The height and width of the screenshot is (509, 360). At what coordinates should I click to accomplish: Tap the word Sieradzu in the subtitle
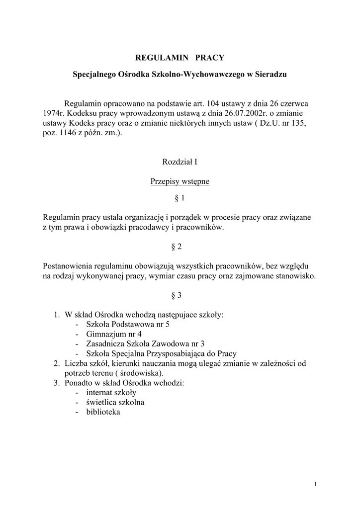[270, 75]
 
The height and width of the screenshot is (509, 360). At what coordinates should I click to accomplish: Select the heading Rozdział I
[180, 162]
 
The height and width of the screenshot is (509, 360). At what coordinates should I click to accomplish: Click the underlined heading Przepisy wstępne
[180, 181]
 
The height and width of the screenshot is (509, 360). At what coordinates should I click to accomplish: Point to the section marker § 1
[180, 198]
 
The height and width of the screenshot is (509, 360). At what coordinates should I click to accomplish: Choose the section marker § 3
[177, 295]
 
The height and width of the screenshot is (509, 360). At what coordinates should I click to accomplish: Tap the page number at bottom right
[316, 484]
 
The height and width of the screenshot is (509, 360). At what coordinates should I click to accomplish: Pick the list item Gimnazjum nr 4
[114, 334]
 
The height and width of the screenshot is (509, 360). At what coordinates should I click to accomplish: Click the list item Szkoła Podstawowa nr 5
[128, 324]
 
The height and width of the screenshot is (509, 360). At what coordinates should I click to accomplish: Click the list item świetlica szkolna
[115, 402]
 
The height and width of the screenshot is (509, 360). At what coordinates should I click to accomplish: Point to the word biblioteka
[103, 412]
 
